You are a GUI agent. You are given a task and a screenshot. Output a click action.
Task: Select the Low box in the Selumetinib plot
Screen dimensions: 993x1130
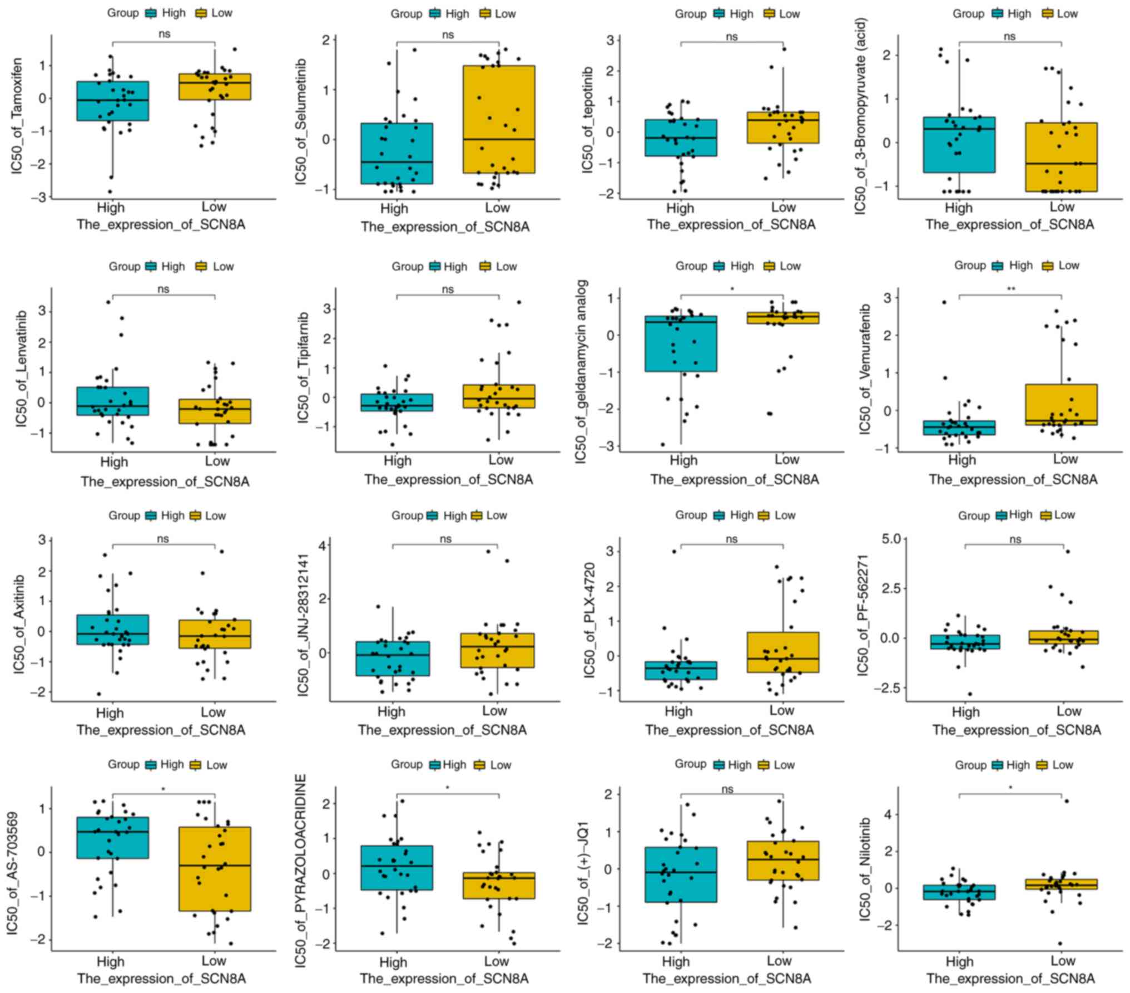point(499,119)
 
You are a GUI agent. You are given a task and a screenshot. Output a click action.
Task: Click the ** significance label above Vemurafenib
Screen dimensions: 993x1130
point(1010,289)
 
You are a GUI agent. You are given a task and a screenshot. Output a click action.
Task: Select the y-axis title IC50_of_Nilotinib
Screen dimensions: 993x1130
point(864,868)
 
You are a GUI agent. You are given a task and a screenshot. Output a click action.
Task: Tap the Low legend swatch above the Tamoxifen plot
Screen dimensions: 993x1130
point(201,13)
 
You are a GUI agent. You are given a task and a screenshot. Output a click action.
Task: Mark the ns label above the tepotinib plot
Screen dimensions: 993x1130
point(732,36)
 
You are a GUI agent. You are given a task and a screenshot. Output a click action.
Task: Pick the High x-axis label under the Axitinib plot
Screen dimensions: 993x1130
point(110,712)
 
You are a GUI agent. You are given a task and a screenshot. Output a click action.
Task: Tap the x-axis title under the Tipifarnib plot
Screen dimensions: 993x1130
point(448,480)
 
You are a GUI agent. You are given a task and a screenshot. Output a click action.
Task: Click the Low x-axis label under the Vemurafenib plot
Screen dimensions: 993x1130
point(1065,459)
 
